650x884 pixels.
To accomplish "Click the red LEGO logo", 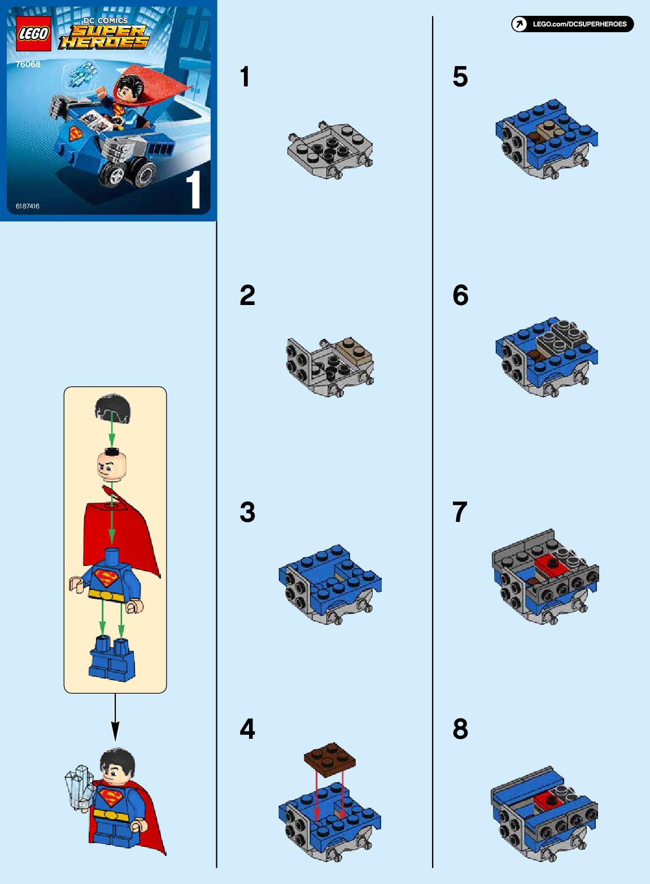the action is pyautogui.click(x=33, y=34).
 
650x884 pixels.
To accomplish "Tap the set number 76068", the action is pyautogui.click(x=28, y=64).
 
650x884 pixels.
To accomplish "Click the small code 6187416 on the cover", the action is pyautogui.click(x=28, y=206).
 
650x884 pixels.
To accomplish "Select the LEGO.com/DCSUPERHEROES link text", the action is pyautogui.click(x=580, y=24).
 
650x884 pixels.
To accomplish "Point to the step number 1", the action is pyautogui.click(x=245, y=77).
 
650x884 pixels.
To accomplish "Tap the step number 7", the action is pyautogui.click(x=460, y=512).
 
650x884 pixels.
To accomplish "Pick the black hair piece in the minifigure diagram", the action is pyautogui.click(x=112, y=408).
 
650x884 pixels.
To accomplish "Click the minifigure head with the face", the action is pyautogui.click(x=112, y=466).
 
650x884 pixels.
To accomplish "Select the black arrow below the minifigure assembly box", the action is pyautogui.click(x=115, y=717).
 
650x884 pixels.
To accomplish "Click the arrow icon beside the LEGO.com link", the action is pyautogui.click(x=520, y=24).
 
